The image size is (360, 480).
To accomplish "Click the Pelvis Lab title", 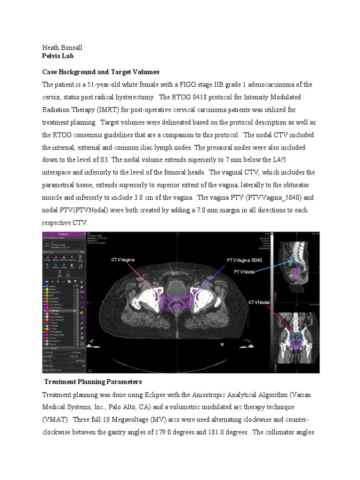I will pyautogui.click(x=58, y=56).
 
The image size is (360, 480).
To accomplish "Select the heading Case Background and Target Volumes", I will pyautogui.click(x=101, y=72).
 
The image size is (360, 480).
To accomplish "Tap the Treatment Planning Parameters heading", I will pyautogui.click(x=93, y=382).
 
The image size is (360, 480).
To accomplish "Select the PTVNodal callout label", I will pyautogui.click(x=245, y=272).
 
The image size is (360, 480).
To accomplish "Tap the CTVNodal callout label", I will pyautogui.click(x=259, y=303).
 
